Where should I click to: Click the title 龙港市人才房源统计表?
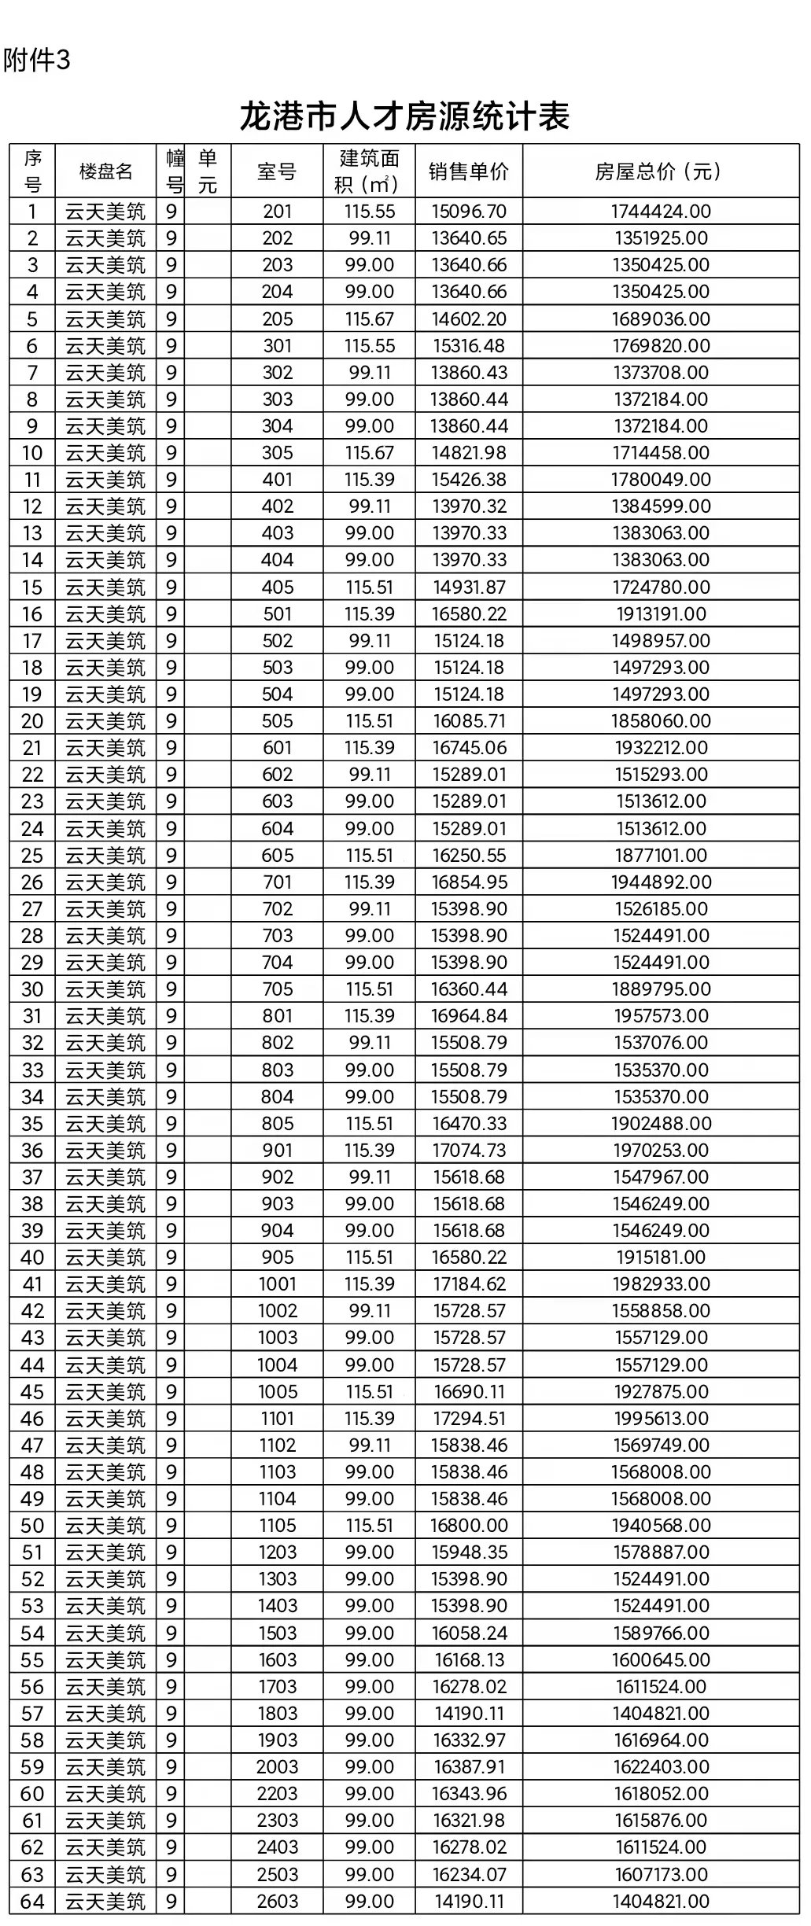tap(404, 117)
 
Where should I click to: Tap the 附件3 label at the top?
tap(37, 61)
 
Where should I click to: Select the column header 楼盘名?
tap(105, 171)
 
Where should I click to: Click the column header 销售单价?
tap(469, 171)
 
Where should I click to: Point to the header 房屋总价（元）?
tap(661, 171)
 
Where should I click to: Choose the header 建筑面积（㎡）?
tap(369, 171)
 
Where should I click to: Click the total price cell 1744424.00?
tap(661, 211)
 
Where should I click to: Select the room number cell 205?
tap(277, 319)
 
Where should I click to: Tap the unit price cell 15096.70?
tap(469, 211)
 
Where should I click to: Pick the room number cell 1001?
tap(277, 1284)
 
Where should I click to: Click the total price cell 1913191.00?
tap(661, 613)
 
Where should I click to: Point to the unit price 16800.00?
tap(469, 1526)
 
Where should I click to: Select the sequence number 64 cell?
tap(32, 1902)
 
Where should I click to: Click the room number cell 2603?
tap(277, 1902)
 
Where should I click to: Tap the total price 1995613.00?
tap(661, 1419)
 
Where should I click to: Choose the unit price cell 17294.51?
tap(469, 1419)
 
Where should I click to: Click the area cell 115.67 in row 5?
tap(369, 319)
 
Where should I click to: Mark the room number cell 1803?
tap(277, 1714)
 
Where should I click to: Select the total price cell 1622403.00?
tap(661, 1767)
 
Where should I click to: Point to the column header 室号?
tap(277, 171)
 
